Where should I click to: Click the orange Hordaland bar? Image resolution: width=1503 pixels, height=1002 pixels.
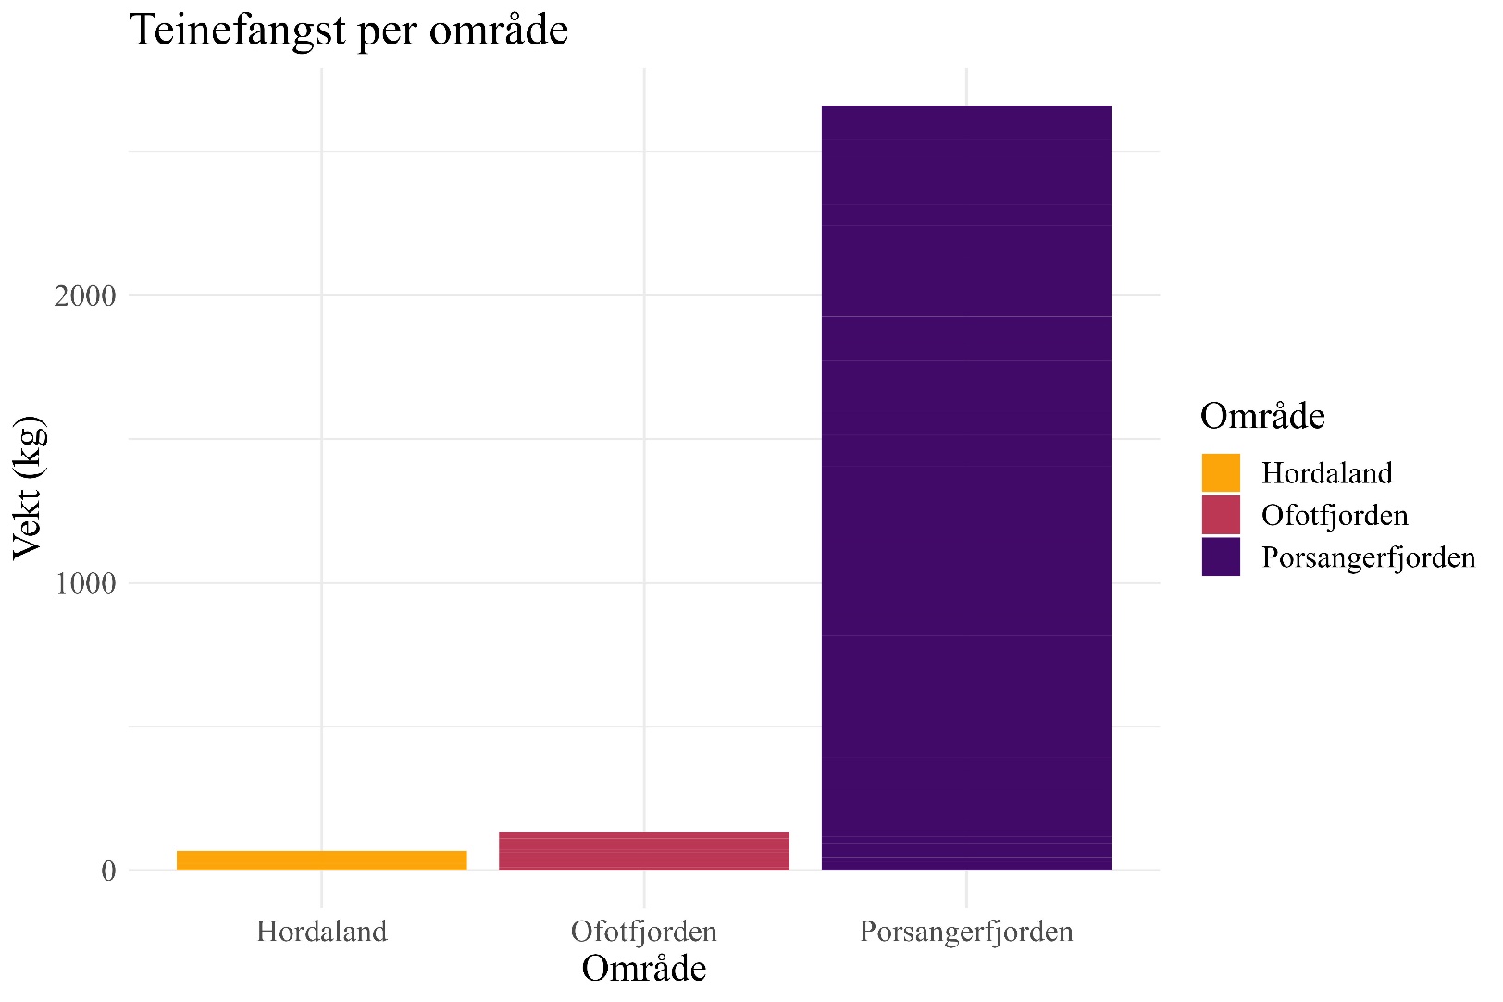click(321, 860)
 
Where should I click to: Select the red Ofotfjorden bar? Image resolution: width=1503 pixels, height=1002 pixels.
click(643, 851)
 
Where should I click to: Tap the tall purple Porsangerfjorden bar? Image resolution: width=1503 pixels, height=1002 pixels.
click(965, 488)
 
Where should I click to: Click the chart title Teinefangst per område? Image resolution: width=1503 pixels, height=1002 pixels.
click(349, 30)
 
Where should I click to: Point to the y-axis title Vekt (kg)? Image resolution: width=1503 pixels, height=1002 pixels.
click(28, 488)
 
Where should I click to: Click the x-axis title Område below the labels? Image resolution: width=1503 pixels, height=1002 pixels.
click(643, 969)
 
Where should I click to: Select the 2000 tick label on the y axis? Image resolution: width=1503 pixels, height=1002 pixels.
click(85, 296)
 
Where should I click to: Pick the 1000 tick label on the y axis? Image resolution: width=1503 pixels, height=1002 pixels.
click(85, 583)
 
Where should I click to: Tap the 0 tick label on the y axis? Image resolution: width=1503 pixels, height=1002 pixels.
click(108, 871)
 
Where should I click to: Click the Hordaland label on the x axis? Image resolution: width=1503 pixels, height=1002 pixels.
click(321, 931)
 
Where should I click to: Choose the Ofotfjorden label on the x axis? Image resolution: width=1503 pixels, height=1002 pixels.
click(643, 931)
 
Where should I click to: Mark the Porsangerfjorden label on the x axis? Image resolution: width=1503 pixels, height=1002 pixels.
click(965, 931)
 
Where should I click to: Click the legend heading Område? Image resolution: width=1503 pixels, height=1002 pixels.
click(1261, 417)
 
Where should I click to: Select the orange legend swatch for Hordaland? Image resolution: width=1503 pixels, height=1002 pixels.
click(1220, 473)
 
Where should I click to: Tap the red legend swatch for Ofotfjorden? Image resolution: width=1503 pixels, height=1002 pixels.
click(1220, 515)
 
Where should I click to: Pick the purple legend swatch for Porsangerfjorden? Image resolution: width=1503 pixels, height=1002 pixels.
click(1220, 557)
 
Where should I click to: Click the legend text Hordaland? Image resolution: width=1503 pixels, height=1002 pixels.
click(1326, 473)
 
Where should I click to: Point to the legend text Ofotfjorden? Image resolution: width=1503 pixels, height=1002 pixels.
click(1334, 515)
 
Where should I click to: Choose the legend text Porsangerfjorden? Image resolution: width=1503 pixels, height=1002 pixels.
click(1368, 557)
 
